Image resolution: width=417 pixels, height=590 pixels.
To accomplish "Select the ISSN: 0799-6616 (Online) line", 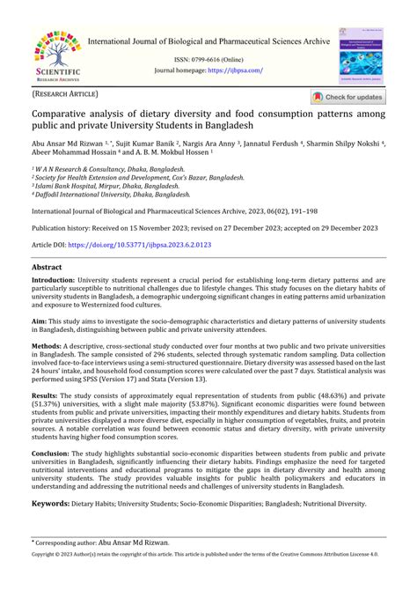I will (208, 58).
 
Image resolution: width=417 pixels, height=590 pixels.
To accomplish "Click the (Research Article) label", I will (66, 94).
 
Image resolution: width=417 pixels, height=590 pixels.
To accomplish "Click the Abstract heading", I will (47, 266).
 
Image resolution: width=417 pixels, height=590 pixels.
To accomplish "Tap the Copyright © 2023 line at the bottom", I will (208, 579).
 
